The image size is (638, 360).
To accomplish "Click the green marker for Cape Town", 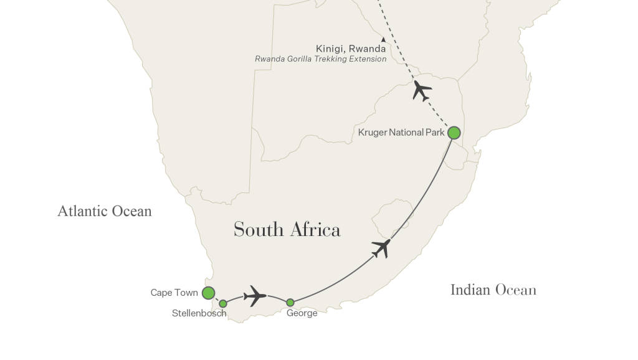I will tap(208, 292).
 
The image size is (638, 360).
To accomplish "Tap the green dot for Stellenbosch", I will tap(223, 303).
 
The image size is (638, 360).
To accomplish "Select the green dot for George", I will tap(290, 303).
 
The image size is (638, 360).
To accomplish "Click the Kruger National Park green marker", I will tap(454, 133).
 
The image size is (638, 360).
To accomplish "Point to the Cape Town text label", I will tap(174, 293).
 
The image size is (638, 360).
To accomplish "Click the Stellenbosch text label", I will tap(199, 313).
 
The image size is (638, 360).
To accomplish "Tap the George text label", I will tap(302, 313).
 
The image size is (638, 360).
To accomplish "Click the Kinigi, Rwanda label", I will tap(351, 49).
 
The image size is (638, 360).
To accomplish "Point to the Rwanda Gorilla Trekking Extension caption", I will tap(320, 59).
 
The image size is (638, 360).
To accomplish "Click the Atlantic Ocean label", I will tap(105, 211).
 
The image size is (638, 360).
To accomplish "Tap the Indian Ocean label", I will tap(493, 290).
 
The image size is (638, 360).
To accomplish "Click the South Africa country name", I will tap(287, 230).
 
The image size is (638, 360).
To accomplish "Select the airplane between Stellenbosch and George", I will tap(255, 295).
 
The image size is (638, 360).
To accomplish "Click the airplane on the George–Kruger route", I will tap(381, 249).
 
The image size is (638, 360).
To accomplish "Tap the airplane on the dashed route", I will tap(422, 91).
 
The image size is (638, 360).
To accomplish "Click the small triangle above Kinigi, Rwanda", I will tap(383, 39).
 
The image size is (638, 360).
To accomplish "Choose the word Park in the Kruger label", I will tap(434, 133).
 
